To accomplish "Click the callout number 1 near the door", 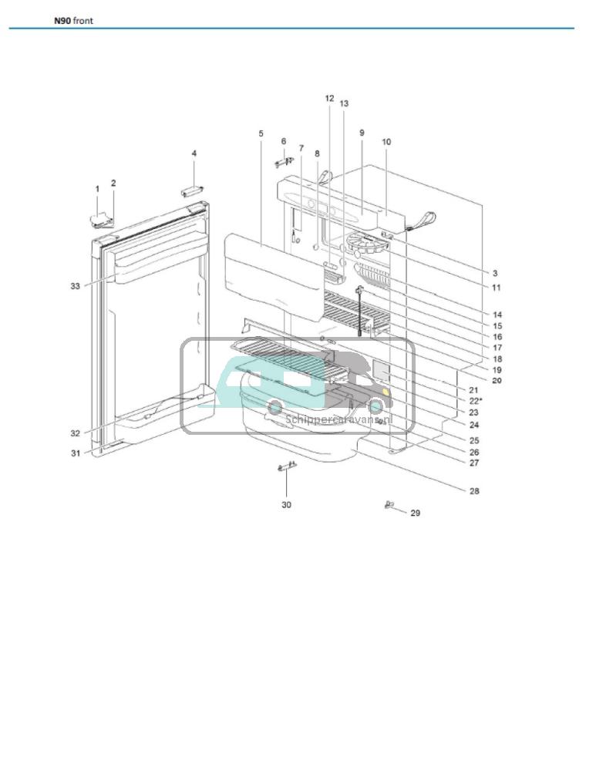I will pos(97,188).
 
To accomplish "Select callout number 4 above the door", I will pos(194,153).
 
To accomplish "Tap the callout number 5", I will pos(261,134).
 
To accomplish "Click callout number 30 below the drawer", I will pos(286,505).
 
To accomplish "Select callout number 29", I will pos(415,513).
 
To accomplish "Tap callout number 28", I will pos(474,490).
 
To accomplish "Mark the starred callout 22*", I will pos(476,402).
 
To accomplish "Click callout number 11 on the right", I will pos(497,288).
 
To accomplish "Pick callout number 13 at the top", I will pos(344,103).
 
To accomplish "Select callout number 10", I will pos(386,142).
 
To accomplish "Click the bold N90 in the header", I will pos(62,21).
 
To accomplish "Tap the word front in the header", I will pos(83,21).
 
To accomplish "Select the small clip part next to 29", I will pos(389,505).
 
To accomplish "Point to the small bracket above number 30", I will pos(286,467).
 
